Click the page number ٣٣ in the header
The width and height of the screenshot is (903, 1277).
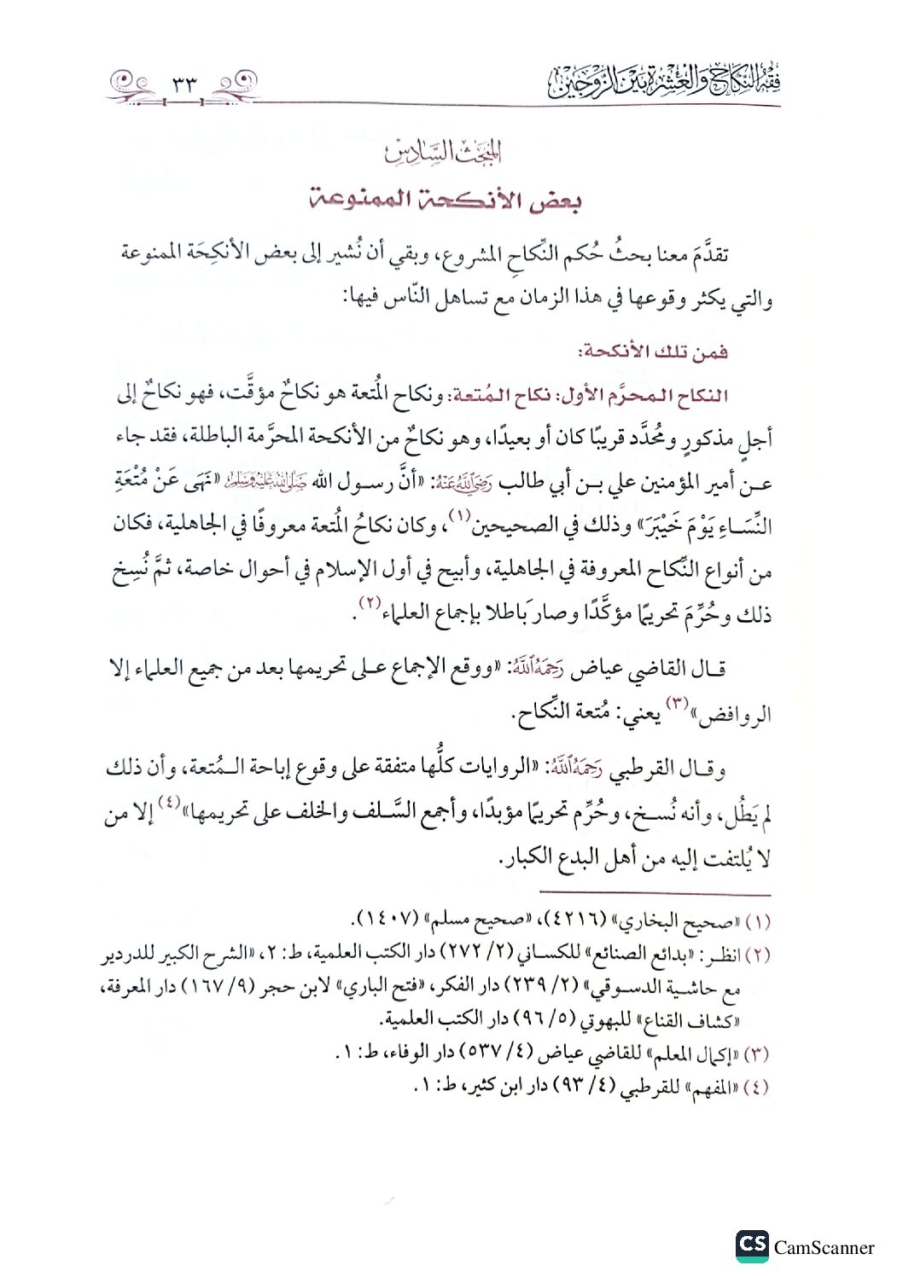(x=184, y=85)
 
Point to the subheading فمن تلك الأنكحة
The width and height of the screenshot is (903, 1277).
(x=653, y=351)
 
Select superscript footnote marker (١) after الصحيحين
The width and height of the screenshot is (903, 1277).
(x=462, y=515)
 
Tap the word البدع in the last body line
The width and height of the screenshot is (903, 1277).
(x=584, y=858)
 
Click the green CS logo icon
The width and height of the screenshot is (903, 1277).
(x=752, y=1245)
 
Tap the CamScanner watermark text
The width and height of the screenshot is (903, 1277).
(x=824, y=1248)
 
